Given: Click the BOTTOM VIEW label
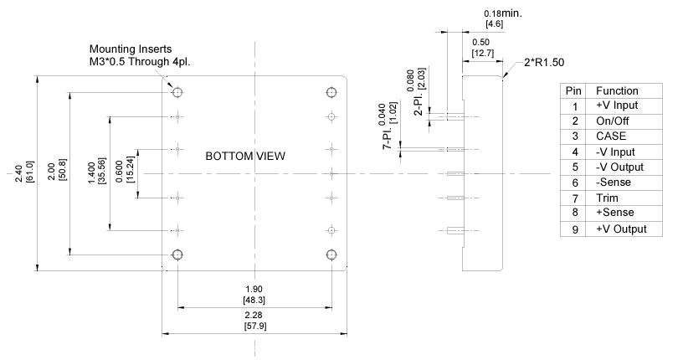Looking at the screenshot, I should [x=245, y=156].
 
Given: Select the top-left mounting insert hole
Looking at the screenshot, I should [x=177, y=91].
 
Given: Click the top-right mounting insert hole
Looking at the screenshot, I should [x=331, y=91].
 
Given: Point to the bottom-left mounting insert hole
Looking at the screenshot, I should [x=177, y=254].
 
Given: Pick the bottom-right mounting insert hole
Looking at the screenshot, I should [x=331, y=254].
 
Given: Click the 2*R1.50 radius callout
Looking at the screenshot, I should [x=545, y=64].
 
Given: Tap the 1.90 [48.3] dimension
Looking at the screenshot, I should [x=254, y=295].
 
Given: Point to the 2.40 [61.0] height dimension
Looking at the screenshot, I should [x=26, y=176].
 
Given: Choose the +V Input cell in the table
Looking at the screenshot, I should [x=617, y=105].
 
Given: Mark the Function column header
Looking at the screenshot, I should [x=617, y=90].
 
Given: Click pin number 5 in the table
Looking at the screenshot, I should [x=574, y=167].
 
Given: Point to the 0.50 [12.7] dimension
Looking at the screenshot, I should [x=481, y=48].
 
